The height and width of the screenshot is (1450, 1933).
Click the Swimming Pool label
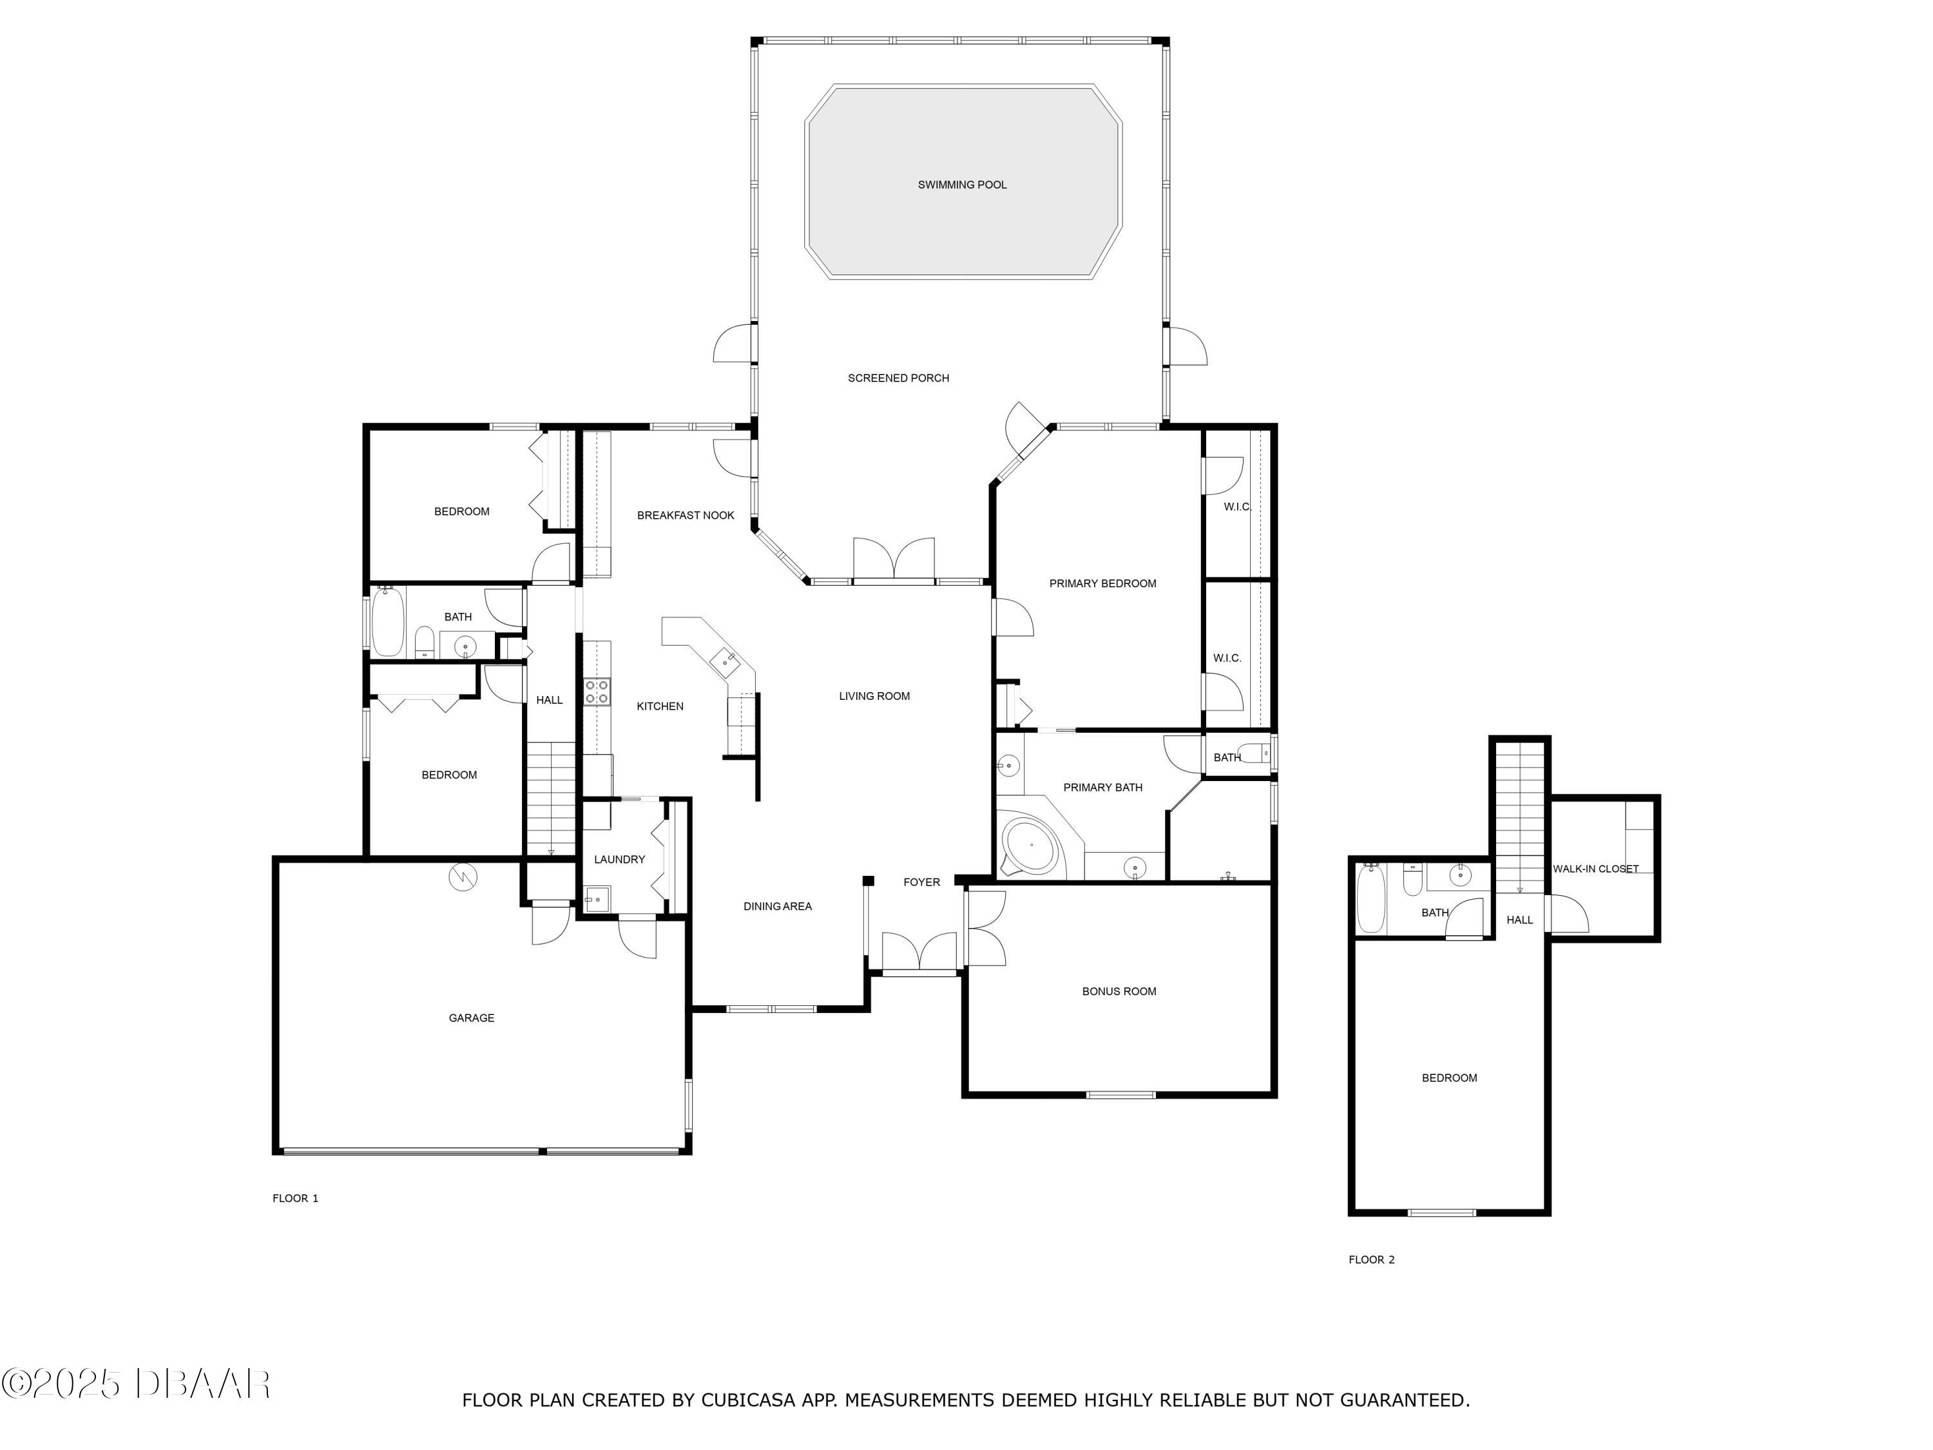(961, 184)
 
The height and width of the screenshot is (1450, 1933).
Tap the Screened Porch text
(898, 378)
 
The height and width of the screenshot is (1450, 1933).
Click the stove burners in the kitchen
(597, 692)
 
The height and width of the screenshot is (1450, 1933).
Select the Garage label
(471, 1018)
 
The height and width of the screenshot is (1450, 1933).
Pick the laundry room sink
(598, 900)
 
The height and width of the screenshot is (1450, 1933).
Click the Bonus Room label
(1119, 991)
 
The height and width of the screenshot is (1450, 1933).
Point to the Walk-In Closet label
(1595, 869)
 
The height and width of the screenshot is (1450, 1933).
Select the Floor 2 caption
(1371, 1259)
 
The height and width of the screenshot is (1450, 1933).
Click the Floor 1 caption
(295, 1198)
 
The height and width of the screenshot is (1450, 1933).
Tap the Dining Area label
(777, 906)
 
